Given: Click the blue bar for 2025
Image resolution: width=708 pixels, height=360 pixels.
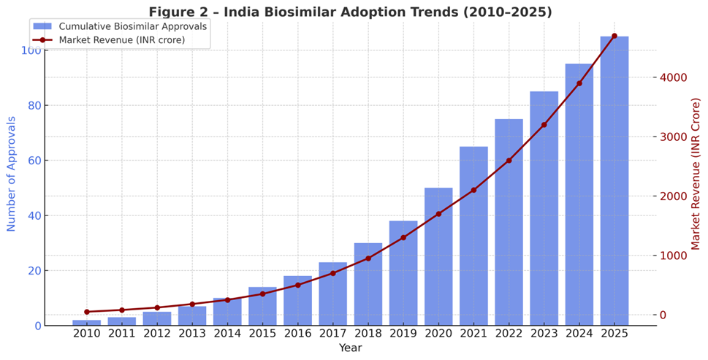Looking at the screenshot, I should pyautogui.click(x=614, y=183).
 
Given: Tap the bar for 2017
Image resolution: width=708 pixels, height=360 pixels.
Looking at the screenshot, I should pyautogui.click(x=333, y=294).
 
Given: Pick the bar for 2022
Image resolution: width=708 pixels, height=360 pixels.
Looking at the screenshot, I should pyautogui.click(x=509, y=223).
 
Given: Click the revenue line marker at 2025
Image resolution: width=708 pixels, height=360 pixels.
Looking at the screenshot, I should pyautogui.click(x=614, y=36).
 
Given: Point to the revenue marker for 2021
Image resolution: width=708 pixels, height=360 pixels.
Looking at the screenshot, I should pyautogui.click(x=473, y=190).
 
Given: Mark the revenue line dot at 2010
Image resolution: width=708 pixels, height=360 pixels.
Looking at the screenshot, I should pyautogui.click(x=87, y=312).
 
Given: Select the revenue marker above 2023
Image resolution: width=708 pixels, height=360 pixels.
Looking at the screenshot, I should pyautogui.click(x=544, y=125).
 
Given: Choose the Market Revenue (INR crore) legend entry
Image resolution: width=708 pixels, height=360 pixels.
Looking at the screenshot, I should pyautogui.click(x=121, y=39).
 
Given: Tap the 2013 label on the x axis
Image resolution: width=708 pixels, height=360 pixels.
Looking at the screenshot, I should pyautogui.click(x=192, y=334).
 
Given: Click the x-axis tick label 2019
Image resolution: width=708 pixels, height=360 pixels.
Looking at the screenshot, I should pyautogui.click(x=403, y=334).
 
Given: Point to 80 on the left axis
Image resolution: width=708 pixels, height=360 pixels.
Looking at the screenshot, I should pyautogui.click(x=31, y=105).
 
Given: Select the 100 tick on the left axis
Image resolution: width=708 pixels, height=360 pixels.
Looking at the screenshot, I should pyautogui.click(x=29, y=50).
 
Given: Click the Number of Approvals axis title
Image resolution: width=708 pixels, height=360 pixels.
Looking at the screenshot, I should pyautogui.click(x=12, y=174).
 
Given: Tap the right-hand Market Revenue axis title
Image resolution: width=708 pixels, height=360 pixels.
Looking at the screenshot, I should pyautogui.click(x=696, y=174).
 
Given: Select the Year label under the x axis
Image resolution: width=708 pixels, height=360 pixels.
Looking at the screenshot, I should pyautogui.click(x=350, y=348).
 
